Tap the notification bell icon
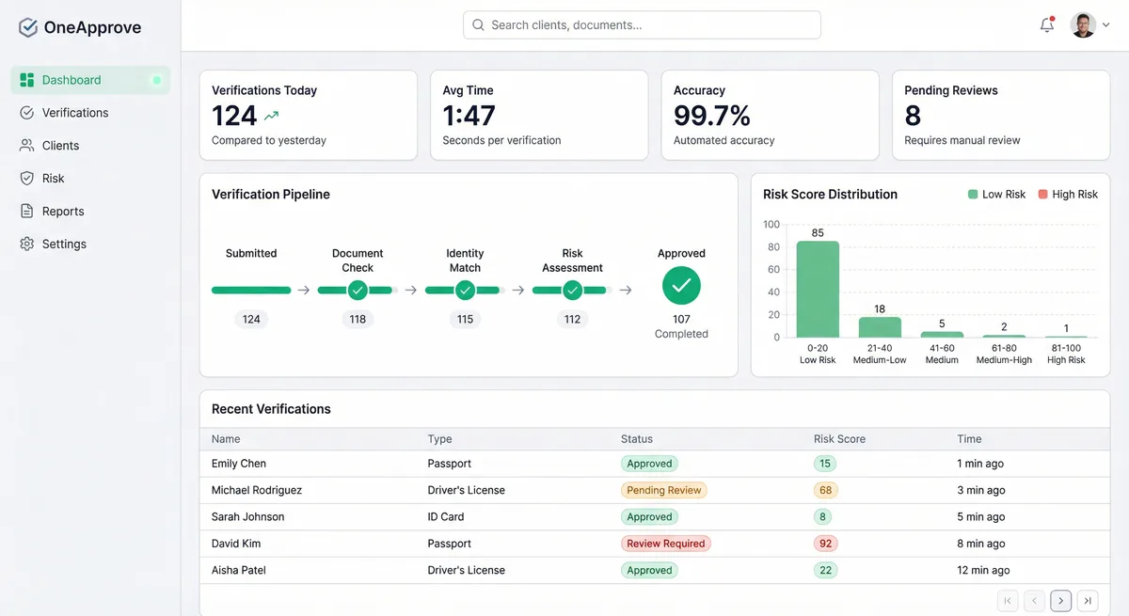click(1046, 25)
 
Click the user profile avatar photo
click(1083, 25)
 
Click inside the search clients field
click(642, 25)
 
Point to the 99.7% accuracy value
click(711, 116)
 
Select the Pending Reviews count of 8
click(913, 116)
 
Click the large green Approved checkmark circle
click(681, 285)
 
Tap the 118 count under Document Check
click(358, 319)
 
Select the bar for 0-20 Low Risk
click(818, 290)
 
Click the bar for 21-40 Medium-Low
click(880, 327)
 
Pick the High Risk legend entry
click(1068, 195)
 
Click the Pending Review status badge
click(664, 490)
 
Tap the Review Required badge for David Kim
click(665, 544)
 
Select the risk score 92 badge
click(824, 544)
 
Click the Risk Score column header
click(839, 439)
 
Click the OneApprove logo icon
click(28, 27)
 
